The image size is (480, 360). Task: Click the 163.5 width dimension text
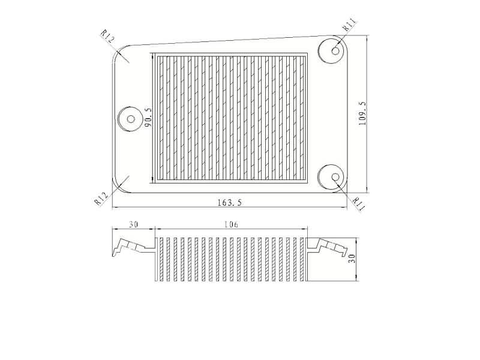[229, 203]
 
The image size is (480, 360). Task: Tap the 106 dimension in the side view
[231, 224]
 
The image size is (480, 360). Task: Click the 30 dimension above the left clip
[133, 224]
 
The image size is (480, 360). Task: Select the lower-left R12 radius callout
[101, 198]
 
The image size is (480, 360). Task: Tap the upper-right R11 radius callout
[350, 25]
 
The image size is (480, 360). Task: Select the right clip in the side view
[329, 246]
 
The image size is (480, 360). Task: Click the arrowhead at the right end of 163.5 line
[347, 208]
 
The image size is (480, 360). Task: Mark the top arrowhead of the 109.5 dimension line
[367, 38]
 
